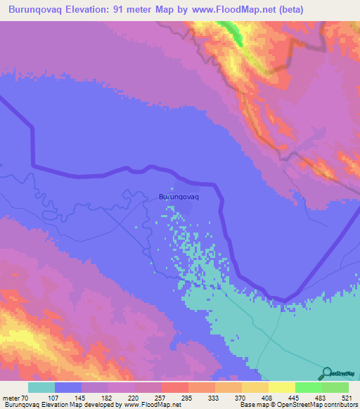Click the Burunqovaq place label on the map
point(179,197)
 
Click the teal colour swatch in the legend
point(41,387)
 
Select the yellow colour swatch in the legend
point(281,387)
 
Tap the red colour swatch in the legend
point(174,387)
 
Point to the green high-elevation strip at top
point(232,31)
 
